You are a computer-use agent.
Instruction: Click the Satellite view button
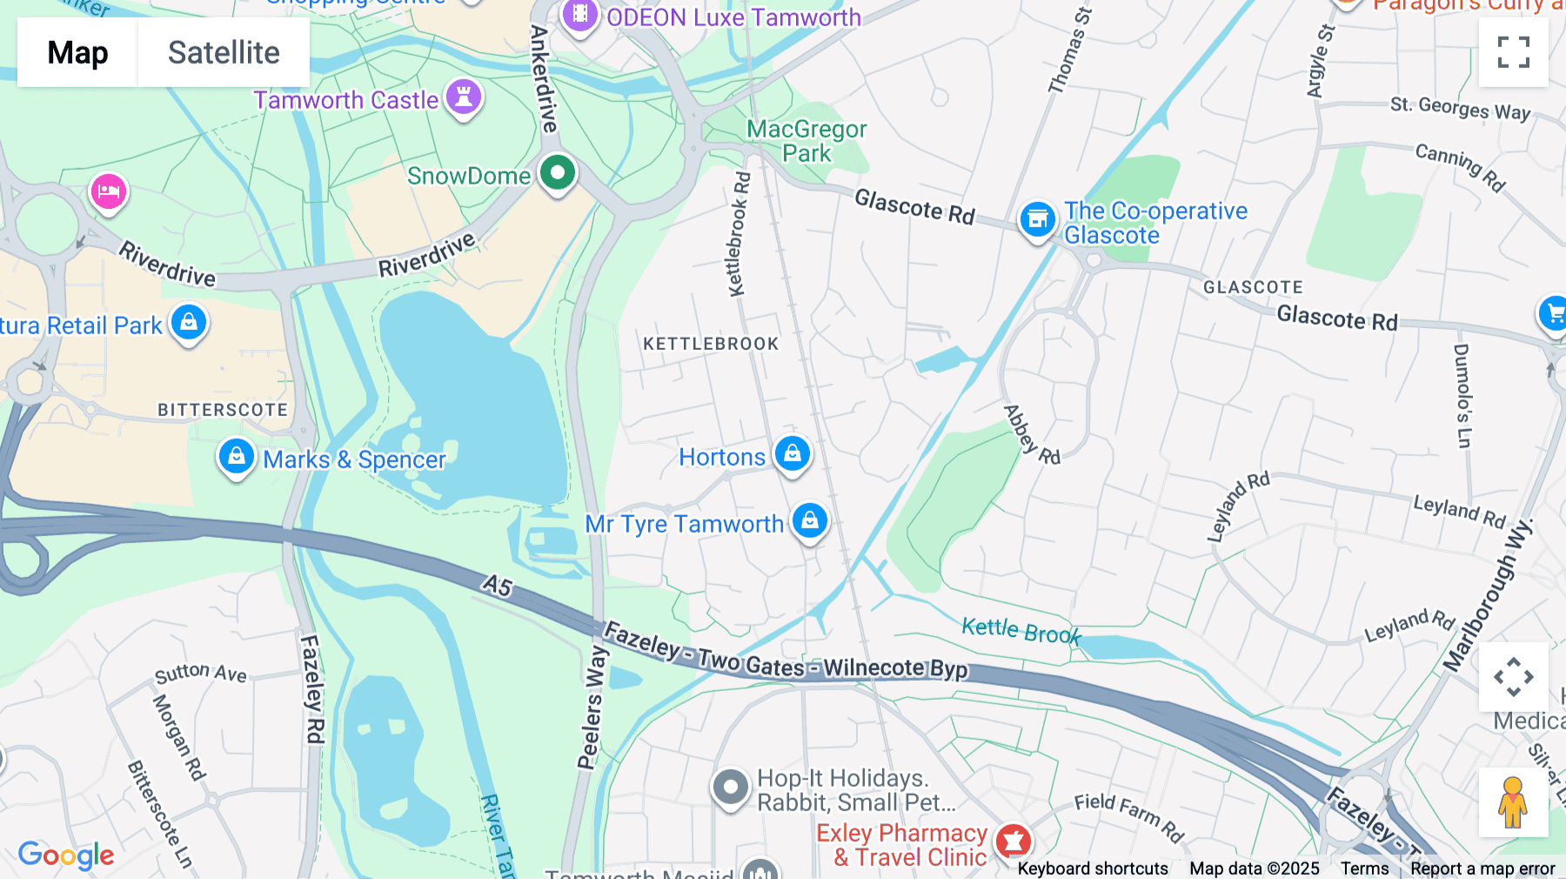pos(224,52)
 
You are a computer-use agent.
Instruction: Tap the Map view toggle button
pos(77,52)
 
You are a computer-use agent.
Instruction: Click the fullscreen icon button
pos(1513,52)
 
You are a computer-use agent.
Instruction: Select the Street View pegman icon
pos(1513,802)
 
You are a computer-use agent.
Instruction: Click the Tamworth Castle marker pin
pos(464,97)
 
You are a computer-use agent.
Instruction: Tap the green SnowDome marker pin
pos(558,172)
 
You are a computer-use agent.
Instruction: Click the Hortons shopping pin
pos(792,454)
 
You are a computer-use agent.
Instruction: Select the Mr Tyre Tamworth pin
pos(810,521)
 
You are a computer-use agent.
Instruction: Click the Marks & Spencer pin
pos(236,457)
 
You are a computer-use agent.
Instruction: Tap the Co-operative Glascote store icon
pos(1037,219)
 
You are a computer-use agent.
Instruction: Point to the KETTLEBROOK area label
pos(711,344)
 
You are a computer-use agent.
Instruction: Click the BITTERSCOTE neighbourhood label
pos(223,410)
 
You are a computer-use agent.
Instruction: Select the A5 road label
pos(498,585)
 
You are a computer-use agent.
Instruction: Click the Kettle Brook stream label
pos(1021,630)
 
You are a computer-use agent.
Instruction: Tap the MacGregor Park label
pos(806,141)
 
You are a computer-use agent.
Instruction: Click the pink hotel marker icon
pos(109,191)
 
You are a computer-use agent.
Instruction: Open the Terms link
pos(1364,869)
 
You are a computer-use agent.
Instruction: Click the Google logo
pos(66,856)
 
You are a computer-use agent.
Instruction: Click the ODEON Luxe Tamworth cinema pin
pos(579,16)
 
